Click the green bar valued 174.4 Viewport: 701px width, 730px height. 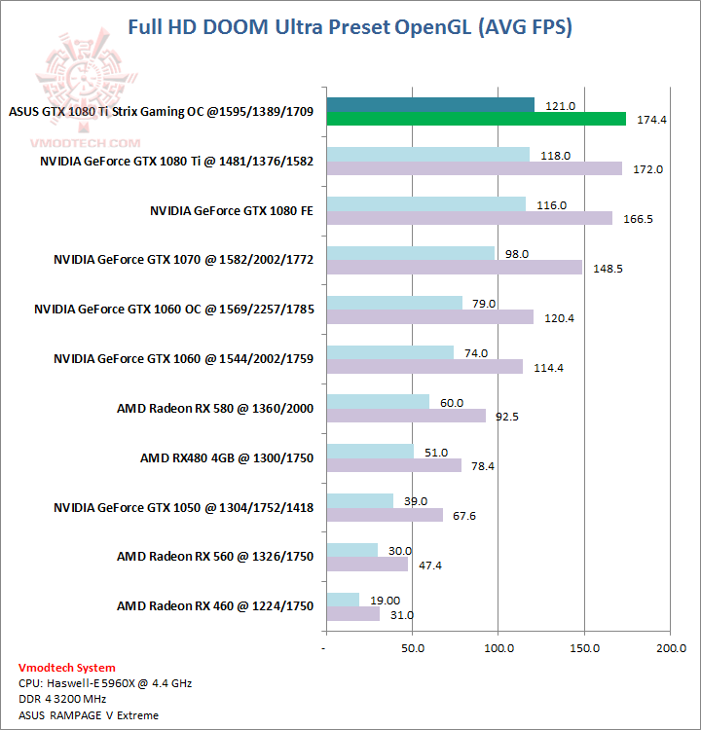(476, 119)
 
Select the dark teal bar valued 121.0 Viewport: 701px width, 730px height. (430, 104)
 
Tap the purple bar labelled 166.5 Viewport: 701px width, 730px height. (469, 218)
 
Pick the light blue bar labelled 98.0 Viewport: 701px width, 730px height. (411, 253)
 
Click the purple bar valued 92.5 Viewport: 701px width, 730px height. (406, 416)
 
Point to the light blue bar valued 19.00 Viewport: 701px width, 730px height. (343, 600)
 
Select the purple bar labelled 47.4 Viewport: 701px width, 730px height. (367, 564)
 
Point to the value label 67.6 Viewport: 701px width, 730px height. (463, 516)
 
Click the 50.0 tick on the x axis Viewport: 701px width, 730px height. (413, 646)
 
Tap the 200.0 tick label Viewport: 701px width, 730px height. (671, 646)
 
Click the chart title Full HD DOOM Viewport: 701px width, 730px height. (350, 26)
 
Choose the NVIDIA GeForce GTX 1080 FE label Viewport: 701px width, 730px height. (232, 209)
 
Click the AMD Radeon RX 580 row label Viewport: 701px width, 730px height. (215, 408)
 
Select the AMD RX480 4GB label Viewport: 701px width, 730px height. (227, 457)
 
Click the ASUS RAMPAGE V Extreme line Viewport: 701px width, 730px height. (89, 714)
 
